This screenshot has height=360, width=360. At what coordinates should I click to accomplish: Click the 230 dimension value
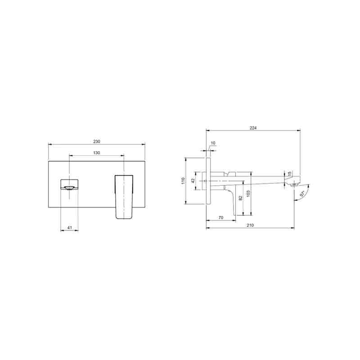tap(97, 142)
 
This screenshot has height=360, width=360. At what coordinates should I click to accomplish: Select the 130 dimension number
tap(97, 153)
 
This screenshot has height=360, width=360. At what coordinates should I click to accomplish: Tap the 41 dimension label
tap(70, 228)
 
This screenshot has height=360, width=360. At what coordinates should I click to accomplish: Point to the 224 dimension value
tap(253, 128)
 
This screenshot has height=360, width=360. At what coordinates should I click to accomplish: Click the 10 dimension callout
tap(213, 143)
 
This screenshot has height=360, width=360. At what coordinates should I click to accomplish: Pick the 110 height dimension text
tap(183, 180)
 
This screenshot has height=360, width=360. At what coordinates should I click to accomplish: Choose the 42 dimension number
tap(193, 180)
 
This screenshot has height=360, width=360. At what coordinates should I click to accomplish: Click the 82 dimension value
tap(241, 198)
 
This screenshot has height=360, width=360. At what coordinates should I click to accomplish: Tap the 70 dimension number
tap(221, 217)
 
